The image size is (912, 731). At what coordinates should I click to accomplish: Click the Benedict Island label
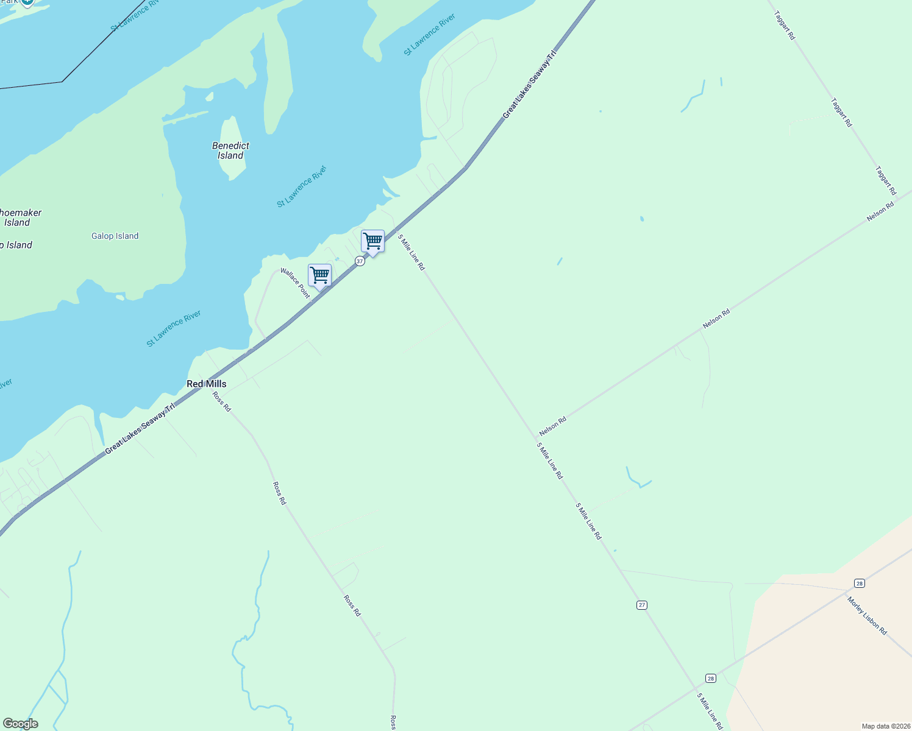(x=230, y=150)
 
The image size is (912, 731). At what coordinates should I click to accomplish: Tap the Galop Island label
(x=115, y=236)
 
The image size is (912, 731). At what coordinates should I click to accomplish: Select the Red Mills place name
(x=206, y=384)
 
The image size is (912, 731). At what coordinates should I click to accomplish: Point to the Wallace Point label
(x=295, y=283)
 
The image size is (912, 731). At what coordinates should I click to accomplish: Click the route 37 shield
(x=360, y=261)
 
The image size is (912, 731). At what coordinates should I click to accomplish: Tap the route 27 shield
(x=642, y=605)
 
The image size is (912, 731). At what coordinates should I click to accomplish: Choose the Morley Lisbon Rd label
(x=866, y=616)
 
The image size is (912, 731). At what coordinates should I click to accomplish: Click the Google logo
(x=20, y=724)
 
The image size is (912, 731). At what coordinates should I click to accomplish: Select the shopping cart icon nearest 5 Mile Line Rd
(x=372, y=241)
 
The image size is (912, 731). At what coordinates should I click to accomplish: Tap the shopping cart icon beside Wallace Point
(x=319, y=275)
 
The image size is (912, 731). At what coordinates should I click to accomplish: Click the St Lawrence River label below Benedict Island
(x=302, y=186)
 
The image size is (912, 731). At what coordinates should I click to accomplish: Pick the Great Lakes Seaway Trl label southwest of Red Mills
(x=140, y=428)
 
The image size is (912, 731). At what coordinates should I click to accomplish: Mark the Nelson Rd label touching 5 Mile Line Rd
(x=553, y=426)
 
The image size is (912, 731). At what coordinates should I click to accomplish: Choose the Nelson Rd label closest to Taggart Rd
(x=880, y=212)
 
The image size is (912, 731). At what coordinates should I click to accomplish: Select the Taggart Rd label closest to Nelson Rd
(x=886, y=180)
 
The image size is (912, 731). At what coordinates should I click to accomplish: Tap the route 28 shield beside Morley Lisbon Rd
(x=860, y=584)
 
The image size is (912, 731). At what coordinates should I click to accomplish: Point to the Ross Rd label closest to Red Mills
(x=222, y=401)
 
